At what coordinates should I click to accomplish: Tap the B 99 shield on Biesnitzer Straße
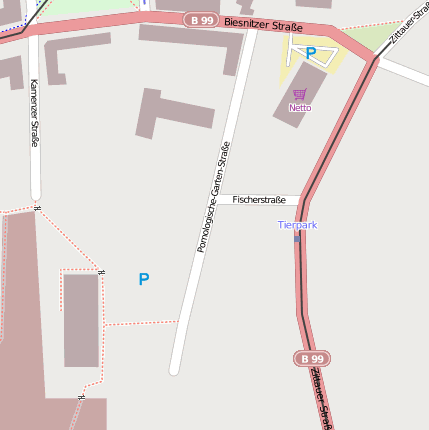coord(201,19)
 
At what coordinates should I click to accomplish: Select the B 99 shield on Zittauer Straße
coord(313,358)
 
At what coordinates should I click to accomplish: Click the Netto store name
coord(300,107)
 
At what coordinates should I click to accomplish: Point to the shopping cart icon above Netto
coord(300,94)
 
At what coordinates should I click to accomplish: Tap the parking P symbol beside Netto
coord(310,52)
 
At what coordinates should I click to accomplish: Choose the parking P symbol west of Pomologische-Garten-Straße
coord(144,280)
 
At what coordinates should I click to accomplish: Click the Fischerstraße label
coord(259,200)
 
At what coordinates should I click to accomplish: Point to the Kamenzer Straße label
coord(34,113)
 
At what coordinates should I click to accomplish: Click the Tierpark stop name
coord(297,225)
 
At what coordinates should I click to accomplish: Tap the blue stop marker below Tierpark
coord(297,238)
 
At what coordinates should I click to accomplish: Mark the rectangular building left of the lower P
coord(81,320)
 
